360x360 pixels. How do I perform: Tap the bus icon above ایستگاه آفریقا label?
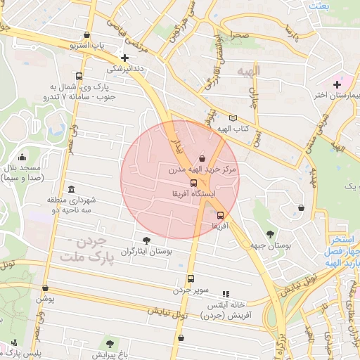(194, 182)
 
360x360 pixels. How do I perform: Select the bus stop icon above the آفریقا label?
(221, 215)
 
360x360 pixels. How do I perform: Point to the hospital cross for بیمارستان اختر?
(337, 84)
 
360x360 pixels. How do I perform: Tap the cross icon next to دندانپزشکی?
(125, 58)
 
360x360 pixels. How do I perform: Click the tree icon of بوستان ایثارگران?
(146, 240)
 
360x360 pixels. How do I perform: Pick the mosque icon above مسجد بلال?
(22, 157)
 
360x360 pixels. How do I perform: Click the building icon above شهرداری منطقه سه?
(71, 190)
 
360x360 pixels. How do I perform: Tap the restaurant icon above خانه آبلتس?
(225, 294)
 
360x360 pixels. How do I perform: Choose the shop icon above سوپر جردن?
(191, 278)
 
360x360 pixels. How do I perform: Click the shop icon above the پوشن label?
(46, 288)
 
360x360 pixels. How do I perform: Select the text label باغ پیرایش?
(110, 354)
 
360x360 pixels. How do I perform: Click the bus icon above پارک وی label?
(78, 77)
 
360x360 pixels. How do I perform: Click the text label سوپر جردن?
(192, 290)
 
